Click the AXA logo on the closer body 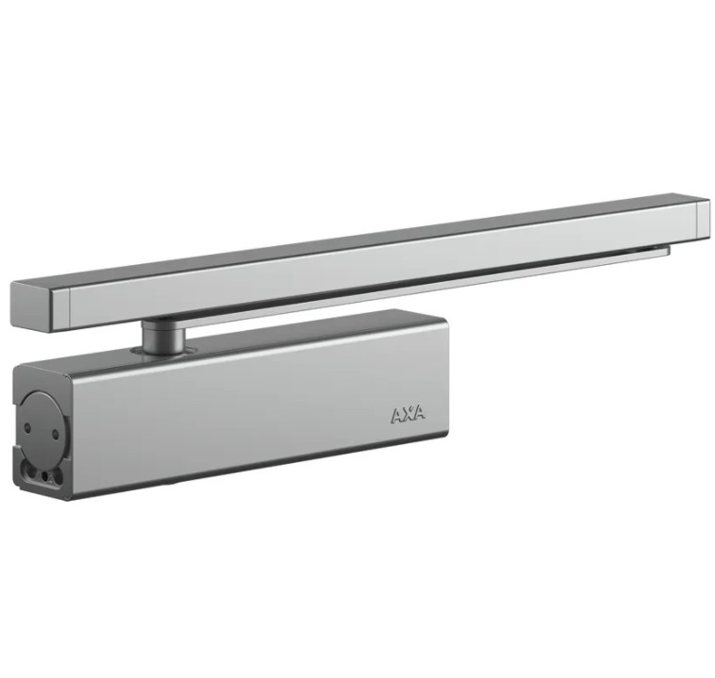click(x=408, y=414)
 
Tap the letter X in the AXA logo click(x=408, y=414)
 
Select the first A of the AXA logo click(x=397, y=416)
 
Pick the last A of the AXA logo click(x=420, y=412)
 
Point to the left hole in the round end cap click(x=27, y=428)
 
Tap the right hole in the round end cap click(x=56, y=435)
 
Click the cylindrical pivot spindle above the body click(x=163, y=336)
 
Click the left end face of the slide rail click(x=31, y=306)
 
